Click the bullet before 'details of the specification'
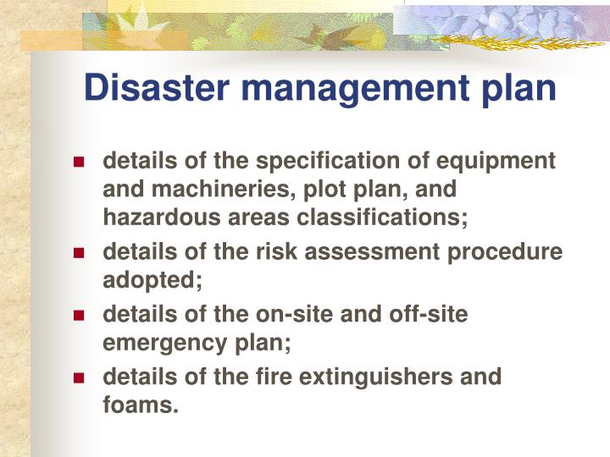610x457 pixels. pyautogui.click(x=80, y=161)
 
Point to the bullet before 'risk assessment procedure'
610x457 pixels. pyautogui.click(x=80, y=253)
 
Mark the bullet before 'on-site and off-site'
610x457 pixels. pyautogui.click(x=80, y=315)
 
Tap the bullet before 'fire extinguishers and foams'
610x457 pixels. pyautogui.click(x=80, y=377)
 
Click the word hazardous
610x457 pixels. pyautogui.click(x=162, y=217)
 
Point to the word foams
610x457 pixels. pyautogui.click(x=140, y=405)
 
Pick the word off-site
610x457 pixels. pyautogui.click(x=422, y=314)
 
